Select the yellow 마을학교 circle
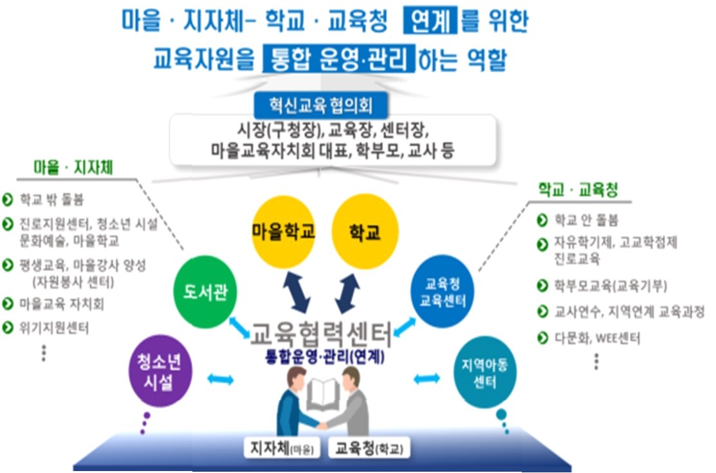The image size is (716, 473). [x=284, y=232]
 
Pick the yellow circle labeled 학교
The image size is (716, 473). [x=365, y=232]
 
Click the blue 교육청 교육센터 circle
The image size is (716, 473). [x=441, y=292]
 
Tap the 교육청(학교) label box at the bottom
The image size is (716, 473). [x=369, y=448]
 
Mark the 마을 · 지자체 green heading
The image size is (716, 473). [x=73, y=168]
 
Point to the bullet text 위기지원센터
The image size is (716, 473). [x=54, y=327]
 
